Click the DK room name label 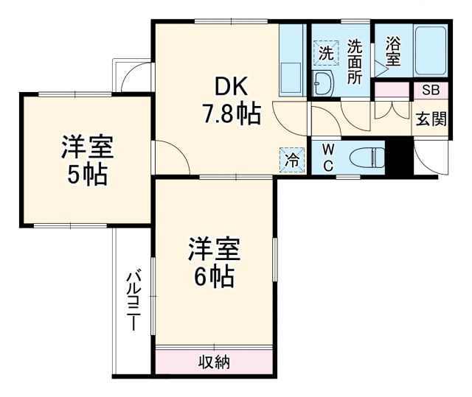point(231,88)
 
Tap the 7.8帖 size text point(231,114)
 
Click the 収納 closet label point(215,362)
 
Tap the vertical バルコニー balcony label point(133,301)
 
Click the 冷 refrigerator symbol point(291,158)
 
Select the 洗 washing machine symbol point(325,52)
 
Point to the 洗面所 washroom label point(355,61)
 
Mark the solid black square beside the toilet point(400,157)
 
